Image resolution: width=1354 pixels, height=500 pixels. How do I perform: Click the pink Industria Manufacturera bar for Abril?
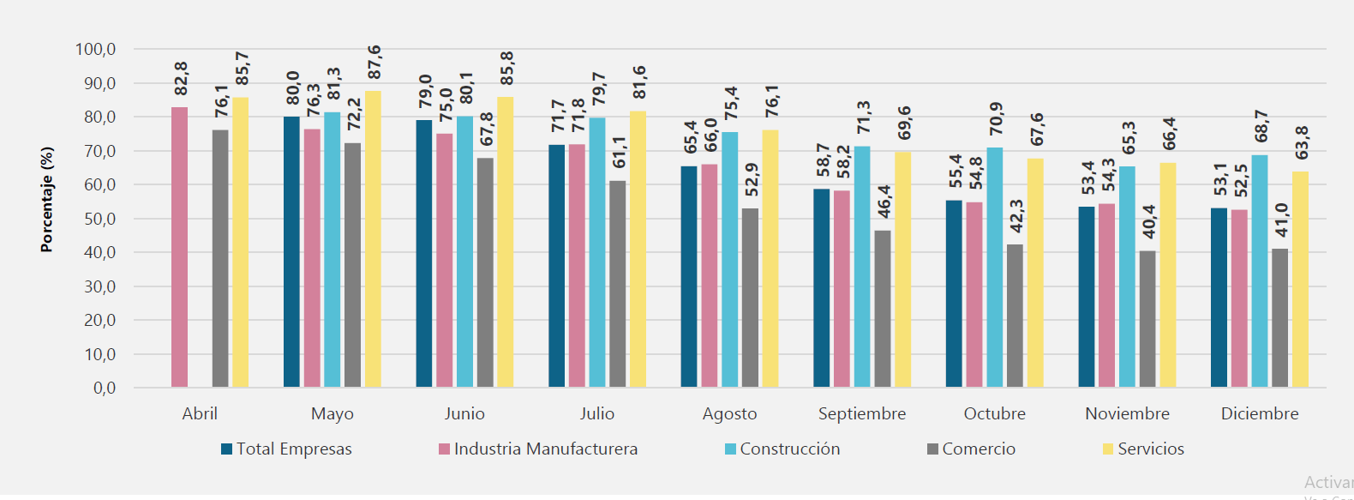[179, 249]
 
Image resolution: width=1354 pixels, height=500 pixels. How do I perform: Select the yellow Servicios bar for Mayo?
[373, 240]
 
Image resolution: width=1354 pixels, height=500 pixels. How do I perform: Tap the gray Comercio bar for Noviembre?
[1147, 319]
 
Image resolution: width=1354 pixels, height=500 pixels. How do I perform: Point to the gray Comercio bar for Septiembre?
[883, 309]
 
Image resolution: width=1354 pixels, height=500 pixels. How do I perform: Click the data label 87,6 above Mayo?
[374, 63]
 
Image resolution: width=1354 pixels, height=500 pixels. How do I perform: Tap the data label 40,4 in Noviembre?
[1148, 222]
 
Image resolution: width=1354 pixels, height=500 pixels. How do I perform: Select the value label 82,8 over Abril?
[181, 79]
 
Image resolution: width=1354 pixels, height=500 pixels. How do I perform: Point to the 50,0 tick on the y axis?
[99, 219]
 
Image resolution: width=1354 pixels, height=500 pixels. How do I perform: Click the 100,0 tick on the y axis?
[96, 49]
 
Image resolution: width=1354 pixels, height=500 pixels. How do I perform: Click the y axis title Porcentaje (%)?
[47, 200]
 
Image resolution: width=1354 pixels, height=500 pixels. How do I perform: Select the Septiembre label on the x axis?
[862, 413]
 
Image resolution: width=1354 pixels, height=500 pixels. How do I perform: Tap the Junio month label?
[464, 413]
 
